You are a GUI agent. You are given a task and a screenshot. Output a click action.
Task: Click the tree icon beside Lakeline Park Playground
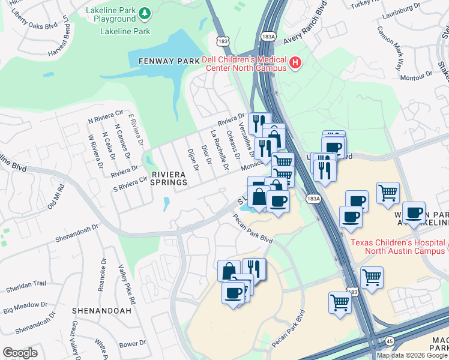[x=143, y=13]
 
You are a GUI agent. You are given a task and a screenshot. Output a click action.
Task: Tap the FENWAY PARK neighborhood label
[x=164, y=61]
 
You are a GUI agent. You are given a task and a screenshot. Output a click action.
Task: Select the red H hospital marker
[x=295, y=63]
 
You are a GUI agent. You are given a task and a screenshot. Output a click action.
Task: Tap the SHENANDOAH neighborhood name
[x=101, y=311]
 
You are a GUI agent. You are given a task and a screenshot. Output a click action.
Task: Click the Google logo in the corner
[x=20, y=353]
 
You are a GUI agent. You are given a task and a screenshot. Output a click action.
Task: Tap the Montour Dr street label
[x=416, y=76]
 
